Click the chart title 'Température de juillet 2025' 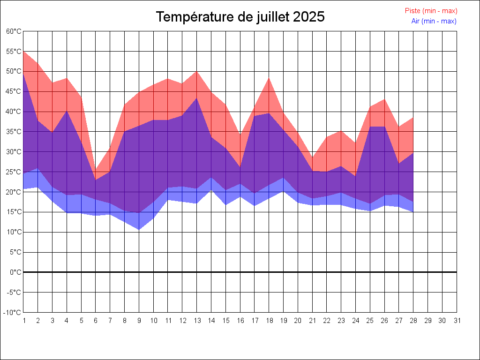pos(240,17)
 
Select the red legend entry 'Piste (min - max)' pos(431,11)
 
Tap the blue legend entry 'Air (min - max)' pos(434,21)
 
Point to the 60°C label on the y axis pos(14,31)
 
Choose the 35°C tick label pos(14,132)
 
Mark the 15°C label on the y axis pos(14,212)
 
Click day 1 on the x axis pos(23,321)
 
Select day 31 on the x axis pos(457,321)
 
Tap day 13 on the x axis pos(196,321)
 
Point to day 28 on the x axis pos(413,321)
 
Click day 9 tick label pos(139,321)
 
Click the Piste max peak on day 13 pos(196,71)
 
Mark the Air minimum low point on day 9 pos(139,230)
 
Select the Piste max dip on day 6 pos(96,171)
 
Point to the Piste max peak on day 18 pos(269,78)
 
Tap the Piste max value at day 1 pos(23,51)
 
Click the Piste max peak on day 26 pos(384,99)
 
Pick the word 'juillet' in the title pos(272,17)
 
